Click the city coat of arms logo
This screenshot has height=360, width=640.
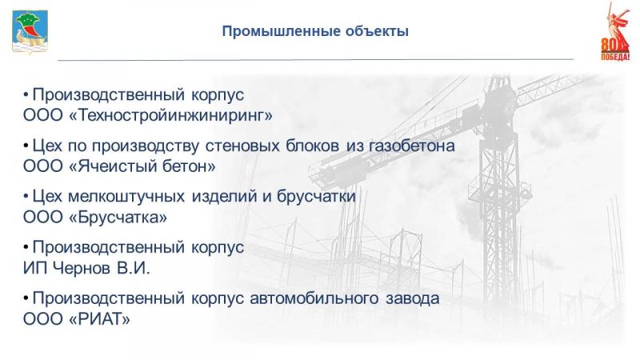click(30, 32)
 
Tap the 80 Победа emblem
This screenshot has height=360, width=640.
click(614, 31)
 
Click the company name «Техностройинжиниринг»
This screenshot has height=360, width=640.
click(171, 115)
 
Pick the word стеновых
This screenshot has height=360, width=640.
click(242, 146)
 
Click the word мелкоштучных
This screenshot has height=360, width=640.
click(126, 197)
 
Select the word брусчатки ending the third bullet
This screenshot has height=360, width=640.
click(316, 197)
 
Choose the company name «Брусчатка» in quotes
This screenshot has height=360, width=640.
click(118, 217)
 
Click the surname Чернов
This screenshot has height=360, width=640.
click(82, 268)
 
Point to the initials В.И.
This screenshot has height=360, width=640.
click(134, 268)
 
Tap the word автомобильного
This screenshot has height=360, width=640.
click(314, 298)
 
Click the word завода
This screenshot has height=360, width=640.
click(413, 298)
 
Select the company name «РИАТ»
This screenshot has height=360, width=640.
click(99, 319)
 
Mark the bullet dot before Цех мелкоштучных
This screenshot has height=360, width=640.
click(26, 197)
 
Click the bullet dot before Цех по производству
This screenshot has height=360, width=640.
click(26, 146)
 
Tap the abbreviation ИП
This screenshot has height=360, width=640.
click(35, 268)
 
